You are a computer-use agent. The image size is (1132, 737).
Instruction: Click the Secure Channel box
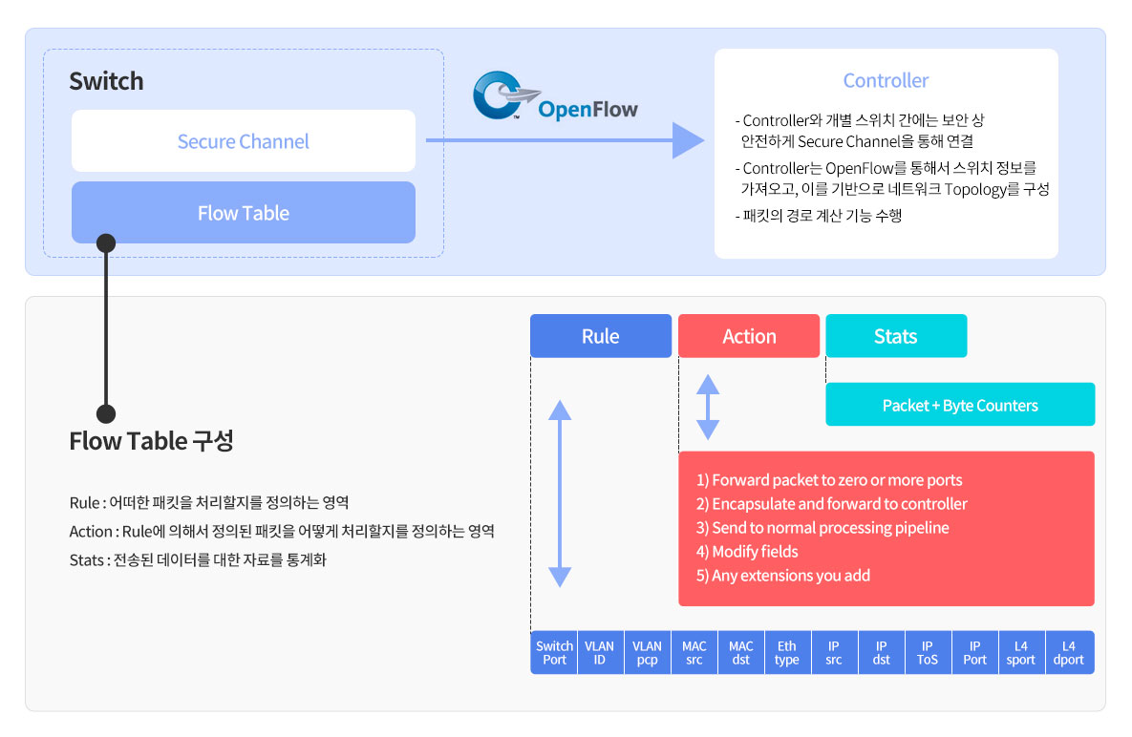244,140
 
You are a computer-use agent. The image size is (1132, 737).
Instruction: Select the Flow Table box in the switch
244,213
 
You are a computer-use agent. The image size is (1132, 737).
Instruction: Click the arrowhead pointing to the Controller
688,140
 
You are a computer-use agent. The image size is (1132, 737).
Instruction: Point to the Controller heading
886,81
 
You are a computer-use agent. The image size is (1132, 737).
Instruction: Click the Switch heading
106,81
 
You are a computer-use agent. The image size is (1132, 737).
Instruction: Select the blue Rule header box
601,336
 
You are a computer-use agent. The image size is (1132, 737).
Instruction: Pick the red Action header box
749,336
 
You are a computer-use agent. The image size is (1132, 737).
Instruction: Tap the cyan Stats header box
896,336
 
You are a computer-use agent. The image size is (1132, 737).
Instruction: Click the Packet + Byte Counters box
960,405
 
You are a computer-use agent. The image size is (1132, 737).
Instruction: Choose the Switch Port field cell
554,653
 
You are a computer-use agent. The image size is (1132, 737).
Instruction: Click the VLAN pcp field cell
647,653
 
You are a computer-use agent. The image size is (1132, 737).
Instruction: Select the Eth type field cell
787,653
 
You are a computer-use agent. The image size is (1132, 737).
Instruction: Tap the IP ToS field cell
928,653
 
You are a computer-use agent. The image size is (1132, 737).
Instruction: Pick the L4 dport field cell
1069,653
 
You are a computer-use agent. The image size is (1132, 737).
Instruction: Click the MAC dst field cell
740,653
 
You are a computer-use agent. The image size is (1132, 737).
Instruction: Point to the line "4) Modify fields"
747,552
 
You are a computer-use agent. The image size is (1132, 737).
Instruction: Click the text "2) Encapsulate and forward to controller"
832,504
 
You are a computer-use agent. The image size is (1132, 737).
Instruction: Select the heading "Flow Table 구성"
151,441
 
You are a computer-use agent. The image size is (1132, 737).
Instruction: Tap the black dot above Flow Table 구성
106,414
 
